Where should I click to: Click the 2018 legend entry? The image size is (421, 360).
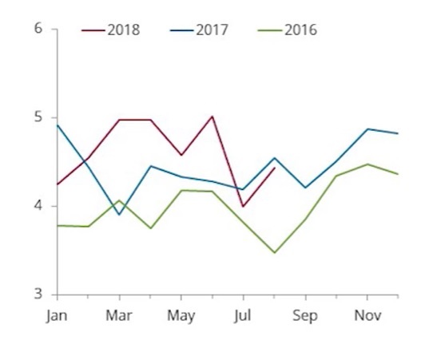point(110,30)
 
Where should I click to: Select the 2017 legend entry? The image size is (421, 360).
point(199,30)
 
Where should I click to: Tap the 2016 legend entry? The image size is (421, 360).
point(288,30)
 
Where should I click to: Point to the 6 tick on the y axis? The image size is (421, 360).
point(38,28)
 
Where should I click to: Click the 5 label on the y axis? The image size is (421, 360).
point(38,117)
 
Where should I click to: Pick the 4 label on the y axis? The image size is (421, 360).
point(38,206)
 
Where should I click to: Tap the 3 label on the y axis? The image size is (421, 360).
point(38,294)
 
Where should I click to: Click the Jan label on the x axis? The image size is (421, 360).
point(57,316)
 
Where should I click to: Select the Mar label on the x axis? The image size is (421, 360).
point(119,316)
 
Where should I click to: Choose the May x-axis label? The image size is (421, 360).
point(181,316)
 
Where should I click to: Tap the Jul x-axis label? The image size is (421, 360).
point(243,316)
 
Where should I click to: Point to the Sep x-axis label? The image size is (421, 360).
point(305,316)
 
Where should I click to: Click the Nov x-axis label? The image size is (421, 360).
point(367,316)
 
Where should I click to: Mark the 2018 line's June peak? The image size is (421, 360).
point(212,117)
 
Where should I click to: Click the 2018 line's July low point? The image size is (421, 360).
point(243,206)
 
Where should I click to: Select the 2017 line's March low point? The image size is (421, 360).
point(119,215)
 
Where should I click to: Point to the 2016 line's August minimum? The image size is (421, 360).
point(274,252)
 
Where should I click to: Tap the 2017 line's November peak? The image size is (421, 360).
point(367,129)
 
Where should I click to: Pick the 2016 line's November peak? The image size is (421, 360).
point(367,164)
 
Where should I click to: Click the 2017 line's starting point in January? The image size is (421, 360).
point(58,125)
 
